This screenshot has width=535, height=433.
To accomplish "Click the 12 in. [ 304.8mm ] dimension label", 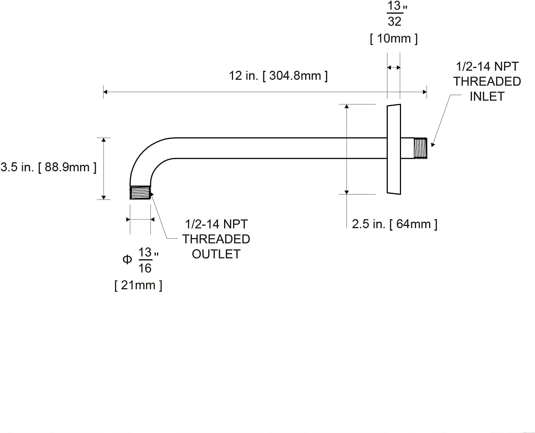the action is pyautogui.click(x=278, y=76).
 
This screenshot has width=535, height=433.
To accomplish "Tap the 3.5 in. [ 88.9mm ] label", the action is pyautogui.click(x=48, y=167).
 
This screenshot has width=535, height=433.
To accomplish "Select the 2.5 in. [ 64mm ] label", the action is pyautogui.click(x=395, y=224).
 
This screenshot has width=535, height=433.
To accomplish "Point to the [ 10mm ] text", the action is pyautogui.click(x=394, y=39).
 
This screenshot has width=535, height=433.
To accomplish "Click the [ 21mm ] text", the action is pyautogui.click(x=138, y=285).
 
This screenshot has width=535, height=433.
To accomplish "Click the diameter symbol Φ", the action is pyautogui.click(x=127, y=259).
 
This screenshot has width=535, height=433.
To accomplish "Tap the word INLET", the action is pyautogui.click(x=487, y=97).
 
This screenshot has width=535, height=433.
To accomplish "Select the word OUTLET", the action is pyautogui.click(x=216, y=254).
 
